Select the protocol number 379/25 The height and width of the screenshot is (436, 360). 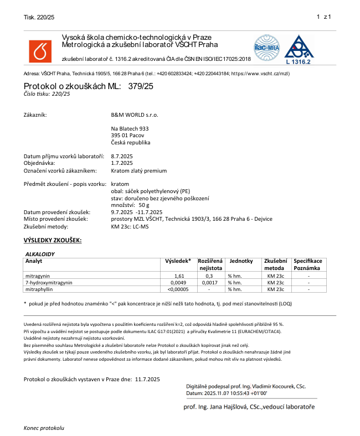point(141,86)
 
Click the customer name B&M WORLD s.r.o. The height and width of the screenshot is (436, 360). point(135,115)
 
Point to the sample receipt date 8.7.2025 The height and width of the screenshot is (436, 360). point(122,157)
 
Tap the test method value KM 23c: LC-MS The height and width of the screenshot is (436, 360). point(132,226)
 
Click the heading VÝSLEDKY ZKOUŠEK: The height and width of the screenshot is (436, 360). point(53,240)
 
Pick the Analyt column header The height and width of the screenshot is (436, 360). point(34,261)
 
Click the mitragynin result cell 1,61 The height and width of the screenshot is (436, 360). point(179,276)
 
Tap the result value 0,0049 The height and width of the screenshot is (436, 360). point(179,282)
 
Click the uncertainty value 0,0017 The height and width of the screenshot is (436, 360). point(209,282)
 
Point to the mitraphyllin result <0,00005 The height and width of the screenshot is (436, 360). point(178,289)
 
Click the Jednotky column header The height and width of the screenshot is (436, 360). point(241,261)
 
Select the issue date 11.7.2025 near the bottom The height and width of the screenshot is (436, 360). point(147,379)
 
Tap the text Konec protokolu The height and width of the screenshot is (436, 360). point(44,428)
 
